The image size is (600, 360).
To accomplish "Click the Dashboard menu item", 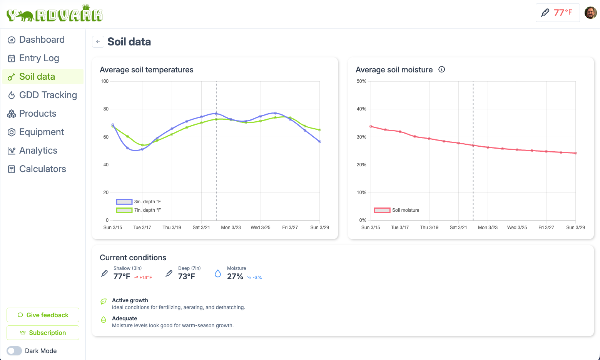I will [42, 40].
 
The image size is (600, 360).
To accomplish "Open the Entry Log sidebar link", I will [39, 58].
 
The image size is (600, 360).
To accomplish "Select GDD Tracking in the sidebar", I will [48, 95].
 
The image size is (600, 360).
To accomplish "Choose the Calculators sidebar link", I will [42, 169].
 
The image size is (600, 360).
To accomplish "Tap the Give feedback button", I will [43, 315].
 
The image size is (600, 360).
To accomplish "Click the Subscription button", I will [43, 333].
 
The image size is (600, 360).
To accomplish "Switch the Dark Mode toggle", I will [14, 351].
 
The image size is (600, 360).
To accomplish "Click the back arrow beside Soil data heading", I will [98, 42].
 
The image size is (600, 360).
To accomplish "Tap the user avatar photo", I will [590, 13].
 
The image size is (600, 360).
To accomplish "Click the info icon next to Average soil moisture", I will [442, 69].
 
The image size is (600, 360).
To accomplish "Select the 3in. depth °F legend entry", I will [139, 202].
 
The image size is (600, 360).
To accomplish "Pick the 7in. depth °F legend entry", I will [139, 210].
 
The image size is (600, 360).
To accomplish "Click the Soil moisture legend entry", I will [397, 210].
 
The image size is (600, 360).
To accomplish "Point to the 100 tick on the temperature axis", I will [105, 81].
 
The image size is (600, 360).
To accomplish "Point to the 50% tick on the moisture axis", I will [361, 81].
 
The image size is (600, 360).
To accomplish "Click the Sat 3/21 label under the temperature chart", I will [201, 228].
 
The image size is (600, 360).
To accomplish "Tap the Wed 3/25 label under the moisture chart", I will [517, 228].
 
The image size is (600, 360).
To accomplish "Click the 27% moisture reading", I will [235, 276].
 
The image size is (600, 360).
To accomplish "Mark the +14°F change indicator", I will [143, 277].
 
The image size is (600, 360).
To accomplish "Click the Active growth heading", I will [130, 300].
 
